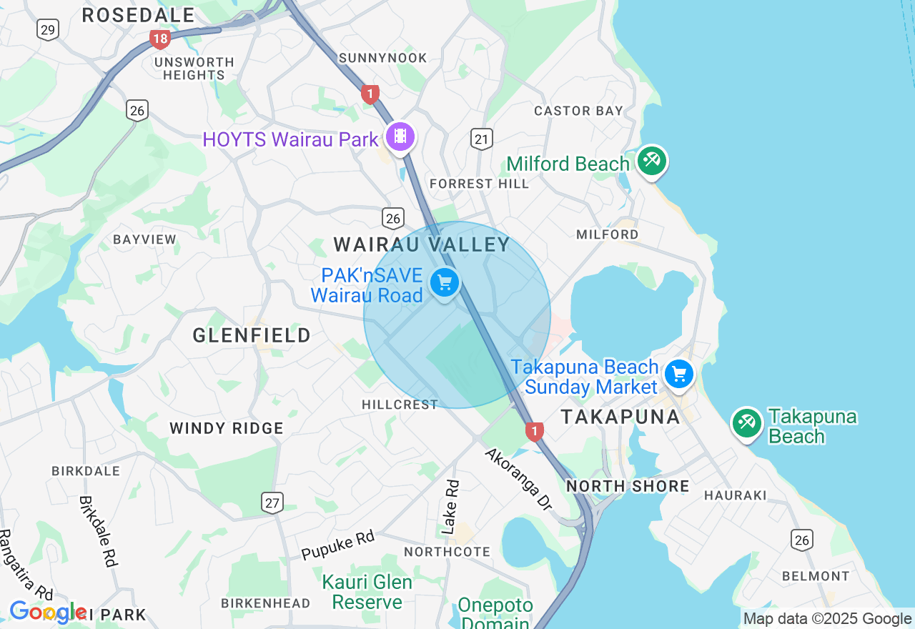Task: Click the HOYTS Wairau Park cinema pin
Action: coord(400,136)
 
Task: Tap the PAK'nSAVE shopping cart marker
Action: coord(445,283)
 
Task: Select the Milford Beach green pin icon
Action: coord(651,161)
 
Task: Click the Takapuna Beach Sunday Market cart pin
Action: coord(678,374)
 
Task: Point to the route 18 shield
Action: coord(159,39)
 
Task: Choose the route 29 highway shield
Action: coord(48,30)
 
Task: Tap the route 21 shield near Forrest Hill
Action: coord(482,139)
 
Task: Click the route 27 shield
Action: coord(272,502)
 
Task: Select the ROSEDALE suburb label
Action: coord(138,15)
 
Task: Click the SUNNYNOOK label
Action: coord(383,58)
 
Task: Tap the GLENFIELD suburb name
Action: coord(252,335)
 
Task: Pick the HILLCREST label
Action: coord(400,405)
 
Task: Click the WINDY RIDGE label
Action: coord(227,428)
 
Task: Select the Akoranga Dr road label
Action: coord(519,479)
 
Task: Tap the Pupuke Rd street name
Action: coord(337,545)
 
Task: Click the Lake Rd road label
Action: coord(450,507)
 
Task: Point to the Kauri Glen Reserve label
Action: coord(367,592)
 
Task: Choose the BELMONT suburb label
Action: coord(816,576)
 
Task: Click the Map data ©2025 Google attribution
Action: coord(827,619)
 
